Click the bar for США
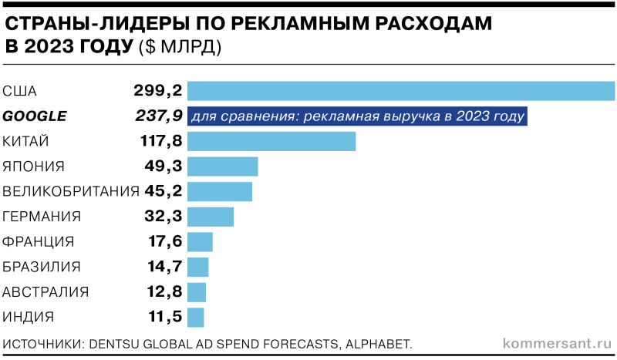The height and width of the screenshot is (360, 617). (x=401, y=91)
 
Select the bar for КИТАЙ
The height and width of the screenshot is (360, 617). (x=271, y=141)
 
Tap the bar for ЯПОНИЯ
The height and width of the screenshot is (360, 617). (x=223, y=167)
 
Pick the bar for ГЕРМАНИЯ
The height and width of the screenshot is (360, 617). (x=211, y=217)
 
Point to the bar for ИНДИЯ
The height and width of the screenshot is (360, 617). (x=196, y=317)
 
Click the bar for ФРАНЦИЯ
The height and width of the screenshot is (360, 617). (x=200, y=242)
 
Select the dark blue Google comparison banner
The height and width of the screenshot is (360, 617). (x=358, y=116)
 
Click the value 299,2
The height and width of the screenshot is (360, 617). (x=157, y=91)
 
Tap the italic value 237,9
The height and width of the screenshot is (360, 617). (x=157, y=116)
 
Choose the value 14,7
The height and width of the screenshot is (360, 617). (x=164, y=267)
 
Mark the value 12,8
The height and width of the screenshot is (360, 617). (x=164, y=291)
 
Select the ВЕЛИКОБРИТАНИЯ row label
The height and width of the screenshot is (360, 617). (x=71, y=191)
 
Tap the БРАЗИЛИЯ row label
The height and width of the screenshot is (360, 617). (x=42, y=267)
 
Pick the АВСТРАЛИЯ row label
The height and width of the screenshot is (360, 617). (x=46, y=291)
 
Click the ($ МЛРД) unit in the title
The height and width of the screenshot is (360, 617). (x=180, y=47)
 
